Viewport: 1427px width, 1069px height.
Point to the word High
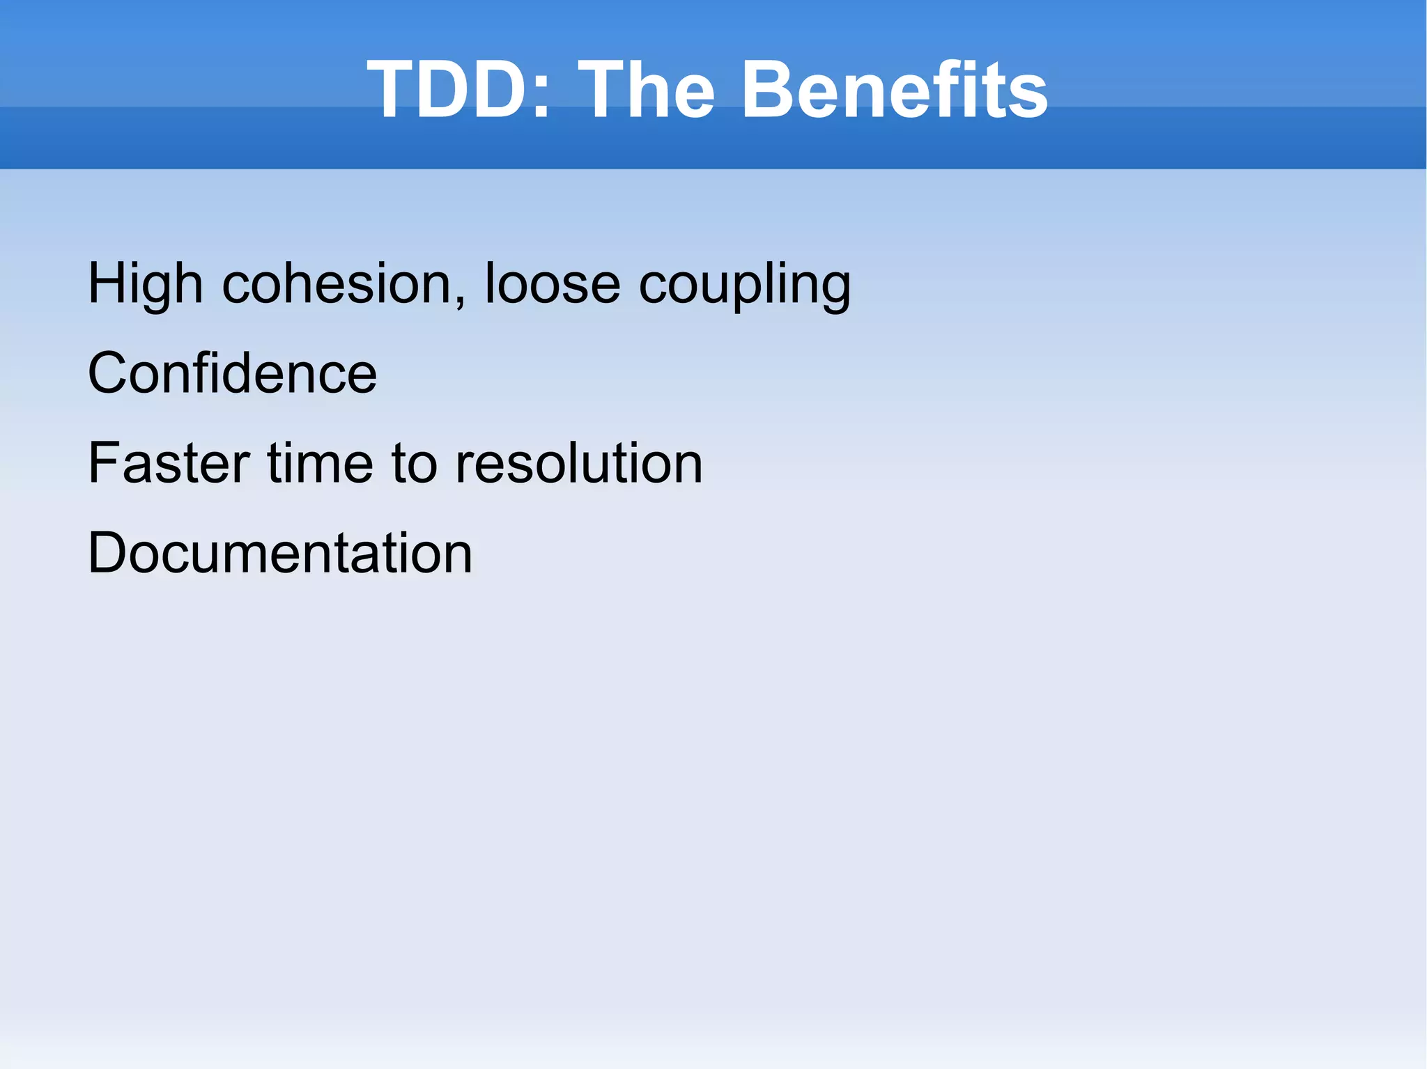145,284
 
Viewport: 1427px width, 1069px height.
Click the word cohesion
336,284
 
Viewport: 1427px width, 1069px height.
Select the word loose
552,284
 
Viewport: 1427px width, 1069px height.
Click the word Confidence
232,374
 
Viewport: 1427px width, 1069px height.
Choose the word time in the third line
321,464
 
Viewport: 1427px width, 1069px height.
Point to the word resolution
578,464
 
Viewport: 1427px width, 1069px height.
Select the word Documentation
280,554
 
